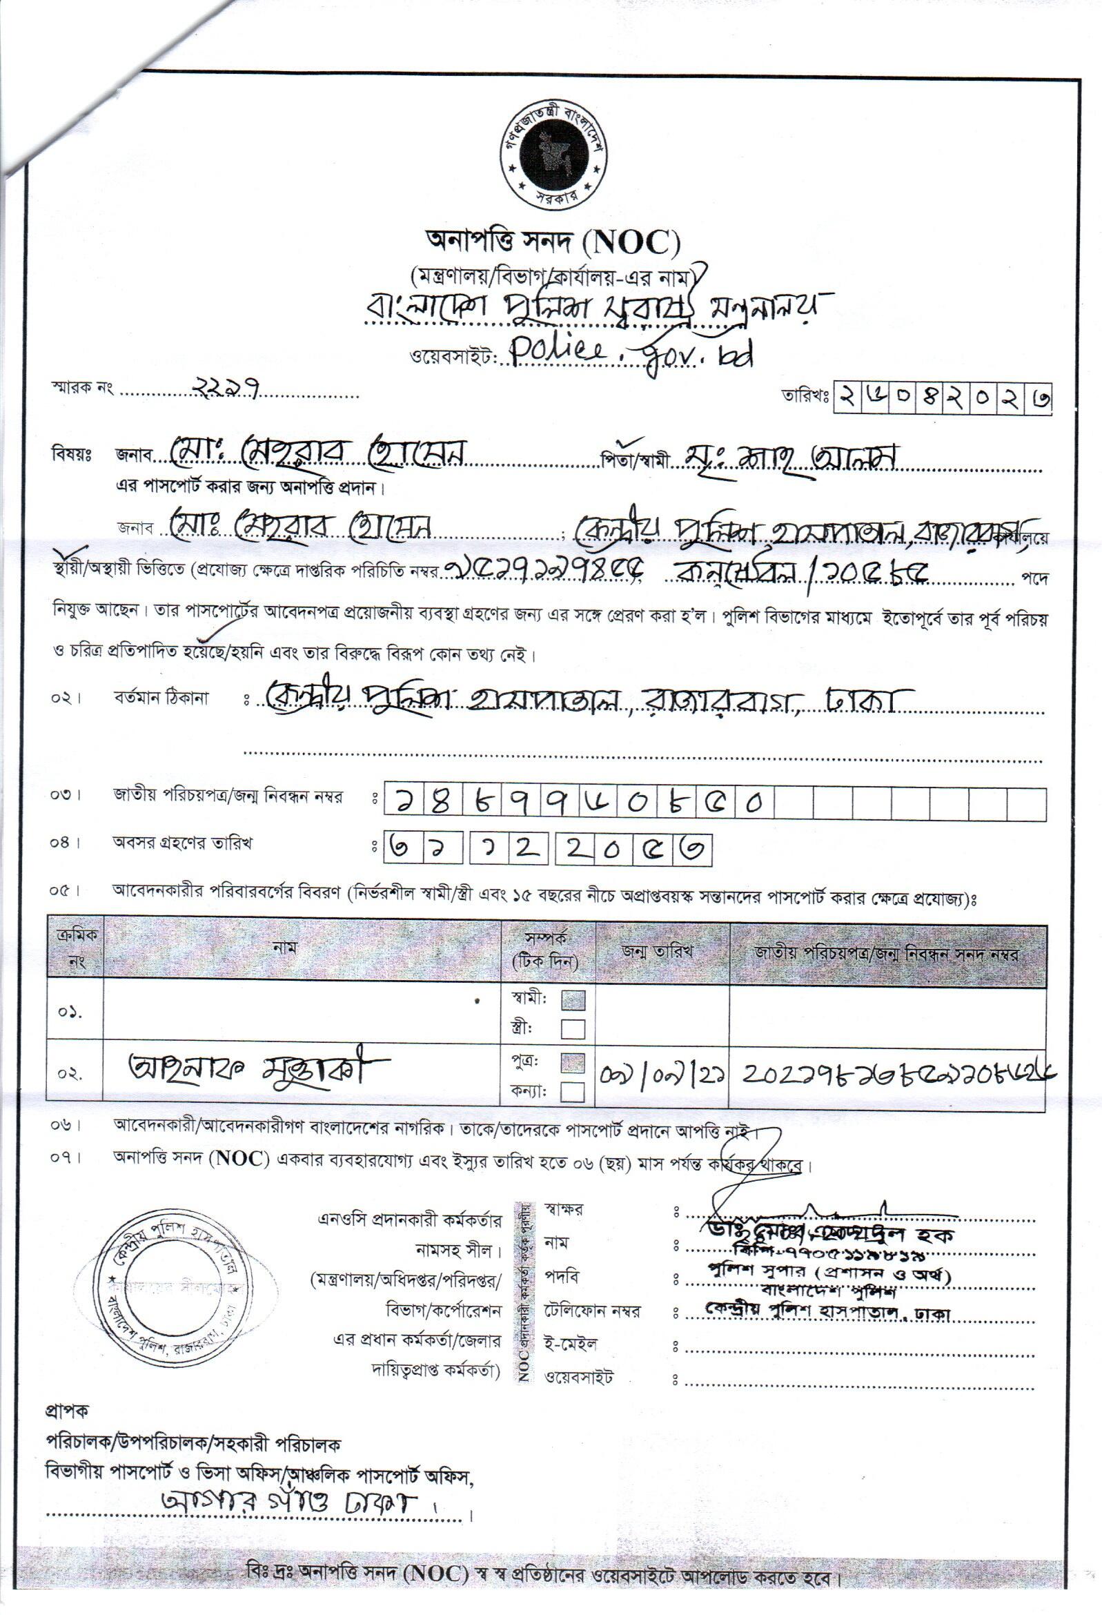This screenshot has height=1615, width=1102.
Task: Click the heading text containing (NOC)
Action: [x=553, y=242]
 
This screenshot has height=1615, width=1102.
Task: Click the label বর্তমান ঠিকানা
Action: [x=161, y=698]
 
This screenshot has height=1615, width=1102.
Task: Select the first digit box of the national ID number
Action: [x=404, y=803]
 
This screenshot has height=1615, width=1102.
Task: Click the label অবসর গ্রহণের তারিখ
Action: [x=183, y=843]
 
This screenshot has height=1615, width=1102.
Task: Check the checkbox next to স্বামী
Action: [x=573, y=1000]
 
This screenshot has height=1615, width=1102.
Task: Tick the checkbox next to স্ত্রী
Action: [x=573, y=1028]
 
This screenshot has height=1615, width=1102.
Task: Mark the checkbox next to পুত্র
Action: [x=573, y=1064]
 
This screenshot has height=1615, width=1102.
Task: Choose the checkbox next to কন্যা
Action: [x=573, y=1093]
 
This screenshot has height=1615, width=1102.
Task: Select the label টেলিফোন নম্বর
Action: [x=593, y=1311]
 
